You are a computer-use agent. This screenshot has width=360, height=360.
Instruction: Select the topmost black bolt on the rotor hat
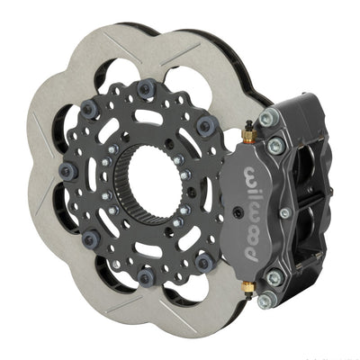145,86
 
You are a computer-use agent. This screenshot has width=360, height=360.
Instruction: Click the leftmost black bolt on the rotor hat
65,170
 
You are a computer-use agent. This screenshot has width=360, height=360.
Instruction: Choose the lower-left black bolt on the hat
91,239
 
